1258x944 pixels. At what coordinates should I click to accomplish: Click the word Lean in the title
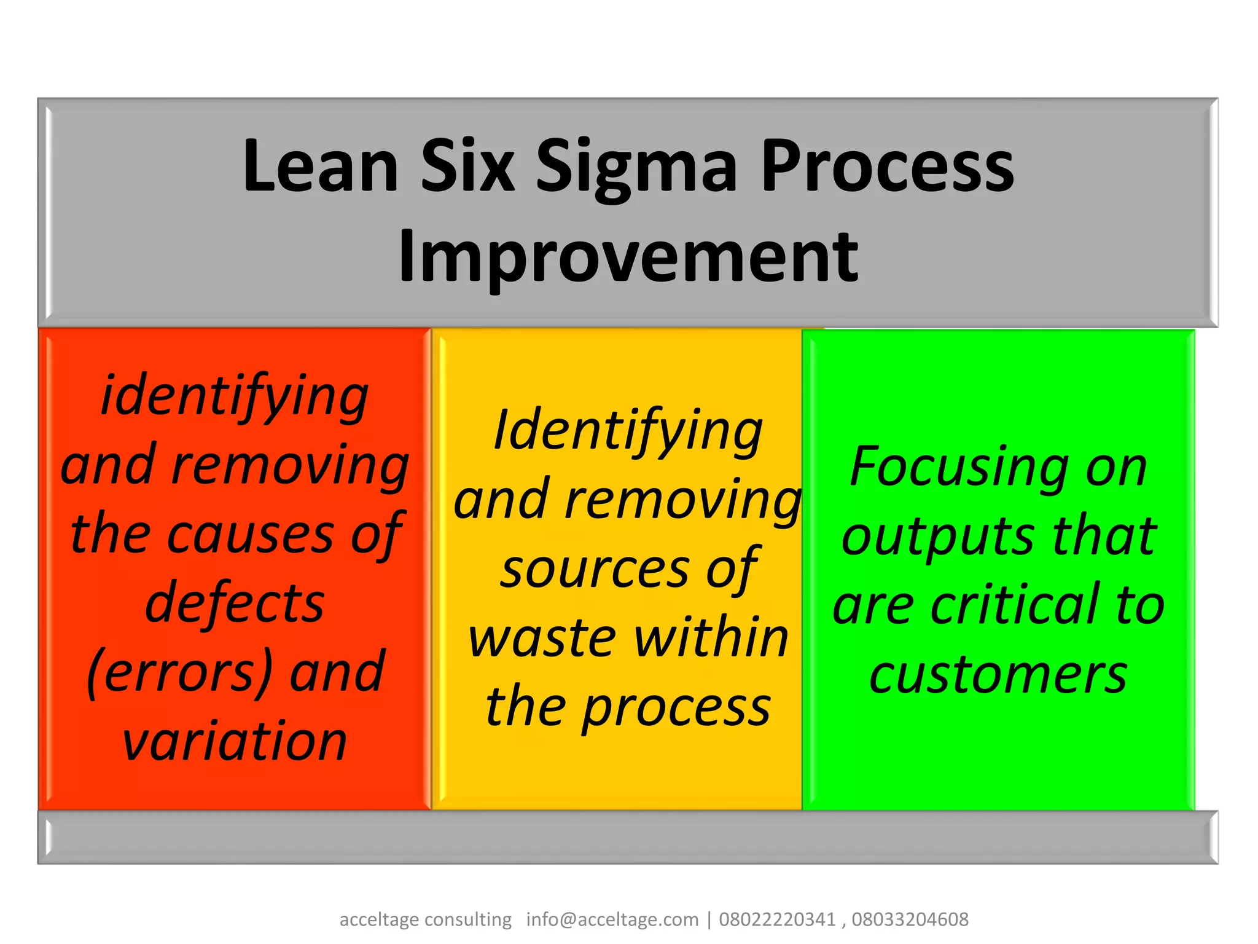click(x=320, y=166)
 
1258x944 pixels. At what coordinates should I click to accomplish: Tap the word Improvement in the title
click(x=628, y=257)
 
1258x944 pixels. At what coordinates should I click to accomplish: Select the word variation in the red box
click(x=235, y=741)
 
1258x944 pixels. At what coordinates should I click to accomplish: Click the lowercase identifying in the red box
click(x=235, y=397)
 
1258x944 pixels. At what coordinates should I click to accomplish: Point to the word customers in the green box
click(x=998, y=675)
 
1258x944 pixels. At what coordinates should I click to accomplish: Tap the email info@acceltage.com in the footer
click(x=612, y=919)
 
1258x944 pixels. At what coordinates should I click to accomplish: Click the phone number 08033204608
click(x=910, y=919)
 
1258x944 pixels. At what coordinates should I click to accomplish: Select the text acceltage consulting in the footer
click(x=425, y=919)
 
